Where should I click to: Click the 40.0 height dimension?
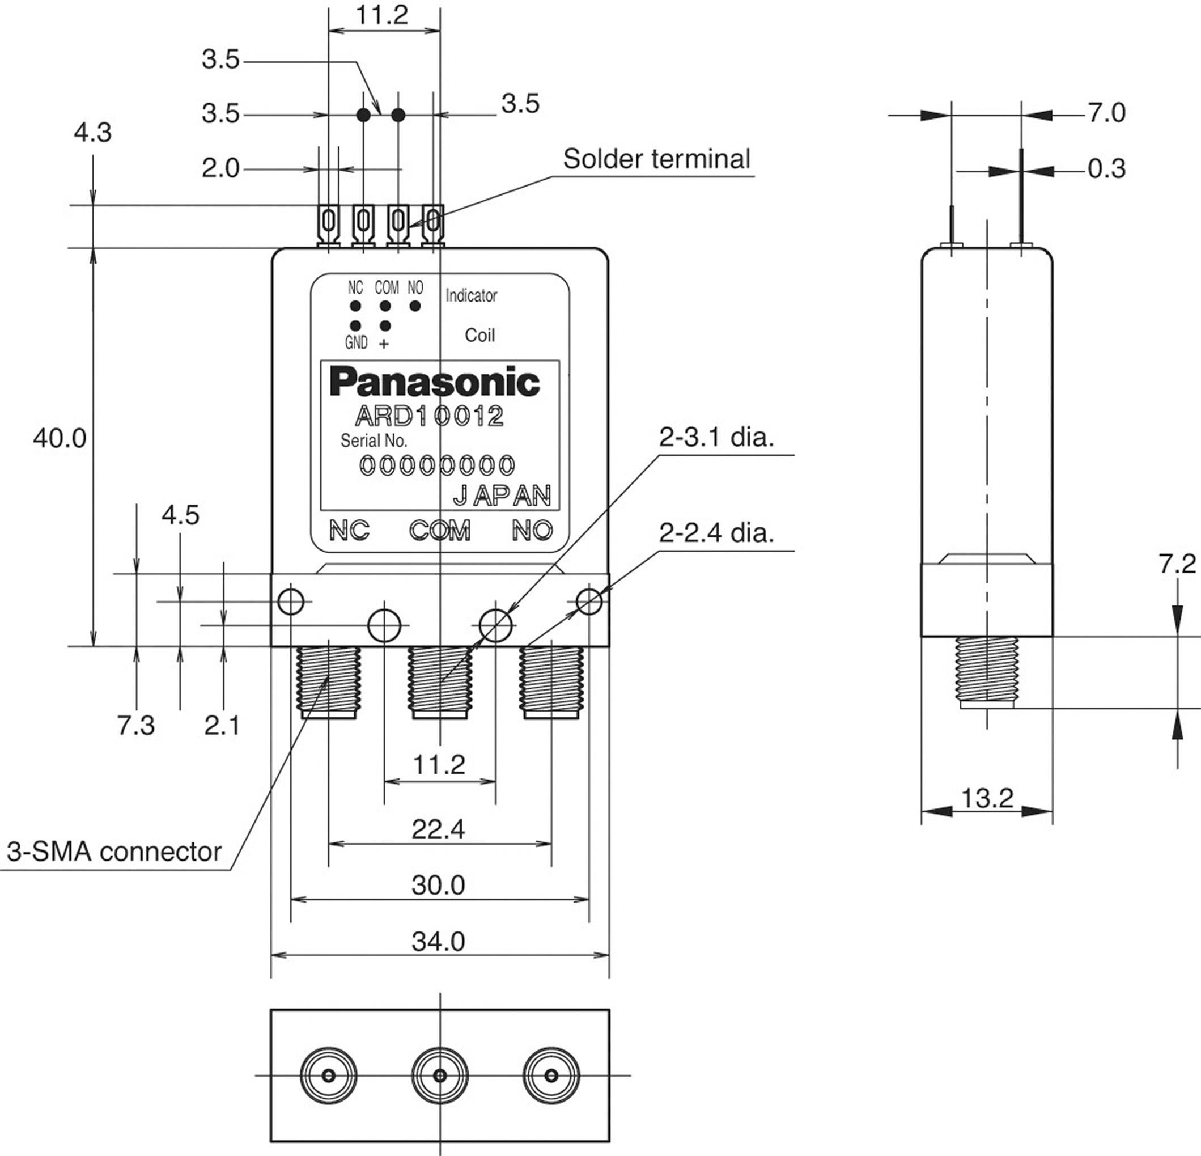(x=60, y=438)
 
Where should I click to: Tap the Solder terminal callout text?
(x=656, y=159)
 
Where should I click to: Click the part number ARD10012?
(x=429, y=416)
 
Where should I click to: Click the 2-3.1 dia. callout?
(x=716, y=437)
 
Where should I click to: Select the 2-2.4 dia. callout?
(x=716, y=532)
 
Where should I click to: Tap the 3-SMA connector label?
(x=114, y=852)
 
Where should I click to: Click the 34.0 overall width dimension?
(x=438, y=941)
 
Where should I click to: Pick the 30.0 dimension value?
(x=438, y=885)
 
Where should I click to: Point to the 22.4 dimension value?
(x=438, y=829)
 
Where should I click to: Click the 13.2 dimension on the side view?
(x=987, y=798)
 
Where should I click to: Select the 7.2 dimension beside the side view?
(x=1177, y=564)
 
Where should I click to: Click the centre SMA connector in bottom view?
(x=440, y=1075)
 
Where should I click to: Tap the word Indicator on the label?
(x=470, y=296)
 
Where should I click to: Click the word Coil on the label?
(x=479, y=335)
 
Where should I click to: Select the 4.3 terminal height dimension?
(x=92, y=133)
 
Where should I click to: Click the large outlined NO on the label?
(x=532, y=530)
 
